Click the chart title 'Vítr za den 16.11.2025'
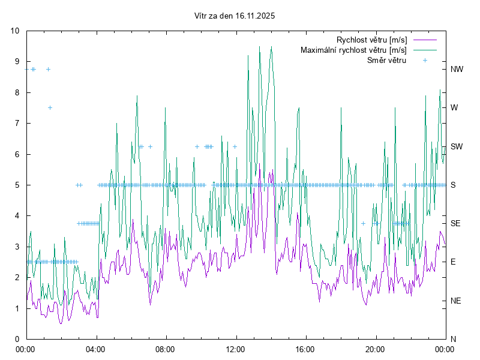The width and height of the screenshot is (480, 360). (235, 16)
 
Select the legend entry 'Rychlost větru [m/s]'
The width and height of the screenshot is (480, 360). (371, 40)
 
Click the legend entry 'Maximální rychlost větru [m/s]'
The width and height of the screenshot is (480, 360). (353, 50)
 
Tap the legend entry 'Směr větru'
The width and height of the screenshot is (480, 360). (386, 61)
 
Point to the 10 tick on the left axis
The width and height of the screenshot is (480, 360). (15, 31)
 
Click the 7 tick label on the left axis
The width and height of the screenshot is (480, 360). (17, 123)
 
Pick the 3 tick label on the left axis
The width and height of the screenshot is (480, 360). (17, 247)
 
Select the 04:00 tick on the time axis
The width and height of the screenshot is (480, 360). (95, 349)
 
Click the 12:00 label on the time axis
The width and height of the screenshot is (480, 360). (235, 349)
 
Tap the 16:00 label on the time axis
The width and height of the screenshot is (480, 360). (305, 349)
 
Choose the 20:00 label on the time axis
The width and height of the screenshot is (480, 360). (375, 349)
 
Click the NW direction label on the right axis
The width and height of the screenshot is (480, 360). (457, 69)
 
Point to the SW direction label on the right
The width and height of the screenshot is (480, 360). (457, 146)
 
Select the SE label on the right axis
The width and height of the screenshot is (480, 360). (455, 223)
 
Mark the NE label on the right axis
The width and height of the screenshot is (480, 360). (455, 301)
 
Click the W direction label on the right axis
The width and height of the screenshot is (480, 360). (454, 108)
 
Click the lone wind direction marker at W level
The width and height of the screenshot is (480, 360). (50, 108)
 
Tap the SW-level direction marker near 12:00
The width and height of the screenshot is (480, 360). (235, 146)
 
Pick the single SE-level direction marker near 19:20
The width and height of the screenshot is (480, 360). (363, 223)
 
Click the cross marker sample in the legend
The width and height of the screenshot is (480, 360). (425, 61)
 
